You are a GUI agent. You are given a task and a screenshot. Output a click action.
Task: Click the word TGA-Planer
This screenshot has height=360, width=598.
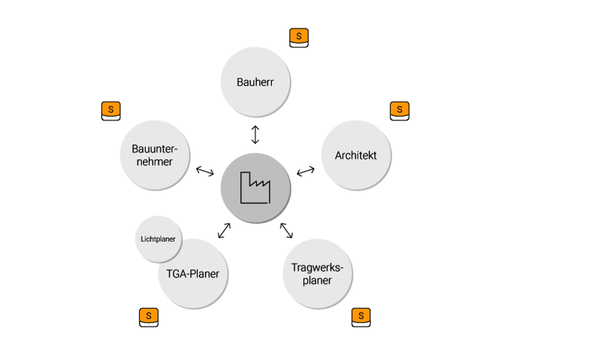point(192,274)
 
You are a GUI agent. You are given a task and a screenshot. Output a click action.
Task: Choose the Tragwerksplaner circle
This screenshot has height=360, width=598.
point(317,274)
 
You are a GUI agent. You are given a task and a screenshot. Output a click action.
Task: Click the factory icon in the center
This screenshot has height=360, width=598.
point(255,188)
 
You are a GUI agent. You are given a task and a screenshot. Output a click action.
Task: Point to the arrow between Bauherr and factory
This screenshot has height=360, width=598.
point(255,135)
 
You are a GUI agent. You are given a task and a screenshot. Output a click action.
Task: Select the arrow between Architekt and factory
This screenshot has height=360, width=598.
point(306,171)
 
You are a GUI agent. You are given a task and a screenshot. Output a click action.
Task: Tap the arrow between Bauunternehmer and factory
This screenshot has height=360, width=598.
point(205,171)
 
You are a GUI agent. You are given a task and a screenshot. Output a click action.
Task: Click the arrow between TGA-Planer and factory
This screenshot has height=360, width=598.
point(224,230)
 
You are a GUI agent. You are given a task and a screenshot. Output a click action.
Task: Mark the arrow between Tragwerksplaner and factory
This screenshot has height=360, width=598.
point(286,230)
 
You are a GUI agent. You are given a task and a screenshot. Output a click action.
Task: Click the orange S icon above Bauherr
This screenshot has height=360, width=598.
point(299,38)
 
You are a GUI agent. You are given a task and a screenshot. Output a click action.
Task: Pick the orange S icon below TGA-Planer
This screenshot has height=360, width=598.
point(149,317)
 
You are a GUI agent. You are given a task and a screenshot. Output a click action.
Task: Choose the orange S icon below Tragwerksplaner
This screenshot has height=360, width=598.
point(361,317)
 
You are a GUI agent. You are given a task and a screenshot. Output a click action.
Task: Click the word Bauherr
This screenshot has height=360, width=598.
point(255,82)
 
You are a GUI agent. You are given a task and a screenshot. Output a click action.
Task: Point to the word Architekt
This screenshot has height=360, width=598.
point(356,155)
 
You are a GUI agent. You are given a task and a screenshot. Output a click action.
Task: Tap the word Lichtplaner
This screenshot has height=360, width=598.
point(158,239)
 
